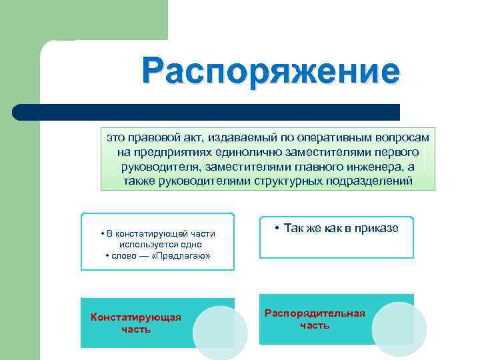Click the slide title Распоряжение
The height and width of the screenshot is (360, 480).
(271, 72)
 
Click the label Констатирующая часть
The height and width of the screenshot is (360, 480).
(136, 323)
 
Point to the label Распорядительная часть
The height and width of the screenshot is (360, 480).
(315, 319)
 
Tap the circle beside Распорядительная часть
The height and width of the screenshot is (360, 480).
(399, 329)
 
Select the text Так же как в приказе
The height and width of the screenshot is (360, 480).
(336, 228)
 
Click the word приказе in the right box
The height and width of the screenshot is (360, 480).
(377, 228)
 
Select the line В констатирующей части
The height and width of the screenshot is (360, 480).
(157, 233)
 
